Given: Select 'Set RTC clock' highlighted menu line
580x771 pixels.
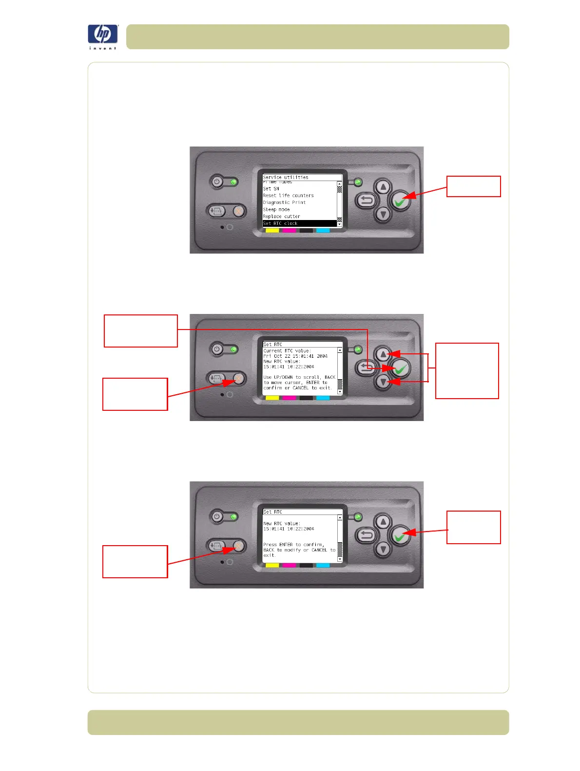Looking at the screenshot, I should coord(299,223).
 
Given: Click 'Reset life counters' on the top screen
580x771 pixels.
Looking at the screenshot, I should coord(289,196).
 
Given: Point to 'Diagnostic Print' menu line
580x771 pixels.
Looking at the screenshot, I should coord(285,202).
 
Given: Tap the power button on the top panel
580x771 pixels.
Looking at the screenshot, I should coord(217,182).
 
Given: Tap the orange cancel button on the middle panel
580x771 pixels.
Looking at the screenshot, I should coord(238,379).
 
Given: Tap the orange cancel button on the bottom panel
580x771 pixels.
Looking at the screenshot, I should coord(238,546).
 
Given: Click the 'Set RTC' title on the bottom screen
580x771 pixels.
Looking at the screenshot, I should coord(273,512).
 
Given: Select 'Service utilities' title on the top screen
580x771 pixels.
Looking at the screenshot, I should coord(286,177).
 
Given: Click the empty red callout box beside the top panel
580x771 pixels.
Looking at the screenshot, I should coord(473,186).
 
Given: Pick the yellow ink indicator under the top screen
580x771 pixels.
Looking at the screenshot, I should coord(272,230).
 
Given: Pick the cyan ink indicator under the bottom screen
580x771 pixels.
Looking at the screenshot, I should coord(323,566).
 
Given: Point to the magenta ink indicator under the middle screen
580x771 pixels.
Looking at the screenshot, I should coord(289,398).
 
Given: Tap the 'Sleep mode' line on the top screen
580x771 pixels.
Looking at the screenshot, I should coord(276,209).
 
